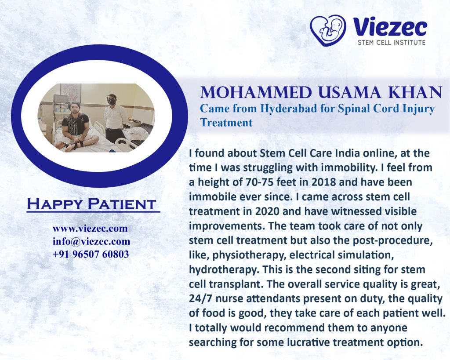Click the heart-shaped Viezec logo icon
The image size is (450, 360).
(328, 30)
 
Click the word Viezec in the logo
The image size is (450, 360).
(390, 27)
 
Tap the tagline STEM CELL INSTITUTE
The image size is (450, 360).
(392, 43)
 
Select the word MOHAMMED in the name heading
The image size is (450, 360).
(256, 92)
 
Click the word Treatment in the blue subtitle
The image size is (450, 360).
(226, 123)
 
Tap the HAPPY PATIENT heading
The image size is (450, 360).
(91, 204)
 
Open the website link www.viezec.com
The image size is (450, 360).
(90, 229)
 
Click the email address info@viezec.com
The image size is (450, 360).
(91, 241)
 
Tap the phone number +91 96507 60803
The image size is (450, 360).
(91, 254)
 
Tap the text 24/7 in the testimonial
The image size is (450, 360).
(200, 298)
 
